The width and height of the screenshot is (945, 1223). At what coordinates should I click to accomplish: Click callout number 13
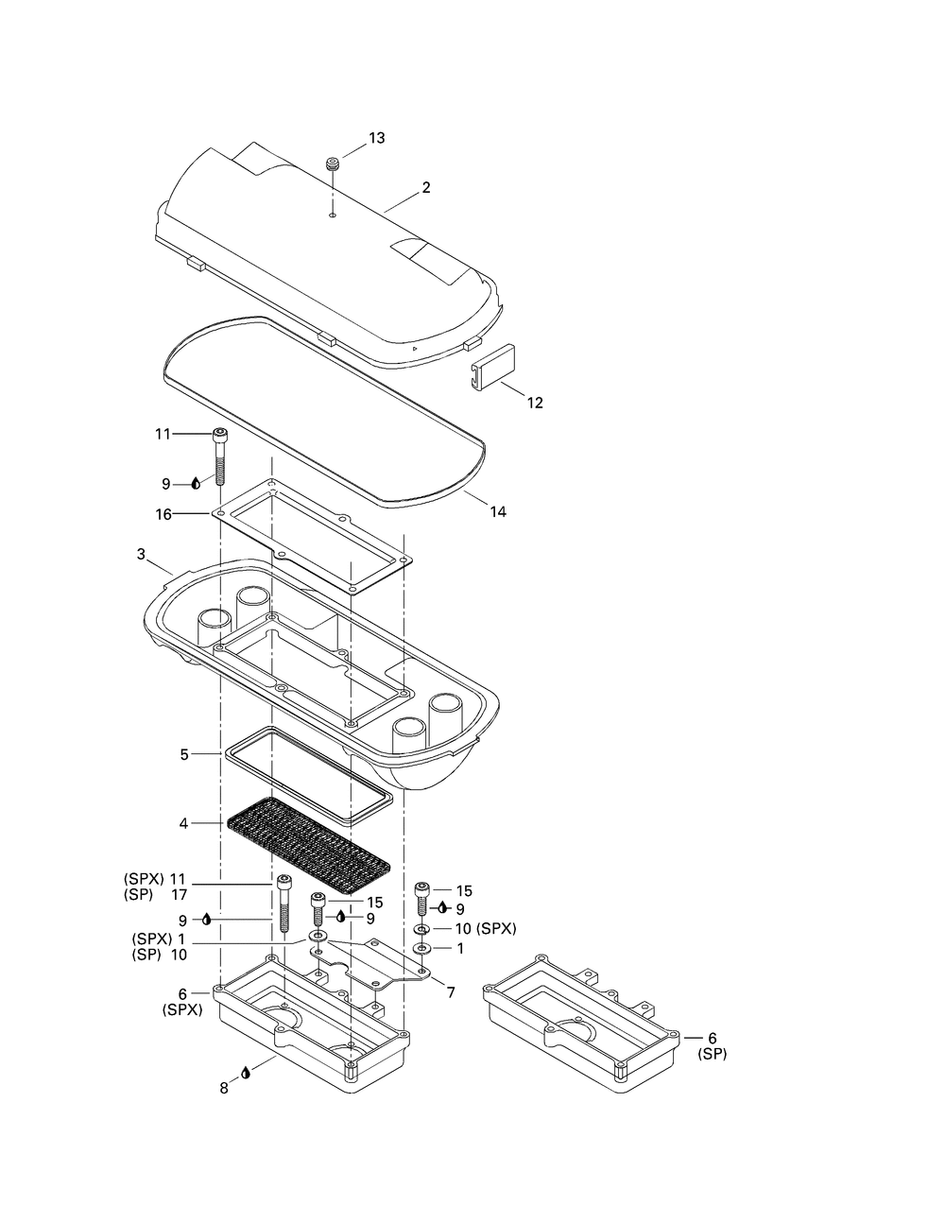coord(377,138)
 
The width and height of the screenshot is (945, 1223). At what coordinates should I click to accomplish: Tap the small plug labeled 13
coord(333,164)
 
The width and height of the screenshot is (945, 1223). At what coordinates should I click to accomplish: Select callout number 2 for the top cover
coord(426,187)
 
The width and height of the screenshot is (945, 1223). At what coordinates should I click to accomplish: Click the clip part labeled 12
coord(493,367)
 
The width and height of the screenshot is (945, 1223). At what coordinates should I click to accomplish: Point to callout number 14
coord(498,511)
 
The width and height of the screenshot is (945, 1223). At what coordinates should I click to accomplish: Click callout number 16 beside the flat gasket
coord(163,514)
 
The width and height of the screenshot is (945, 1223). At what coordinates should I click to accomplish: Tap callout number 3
coord(141,555)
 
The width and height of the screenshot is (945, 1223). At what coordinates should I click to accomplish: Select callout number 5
coord(184,755)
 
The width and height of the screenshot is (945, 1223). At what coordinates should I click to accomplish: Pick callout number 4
coord(184,823)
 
